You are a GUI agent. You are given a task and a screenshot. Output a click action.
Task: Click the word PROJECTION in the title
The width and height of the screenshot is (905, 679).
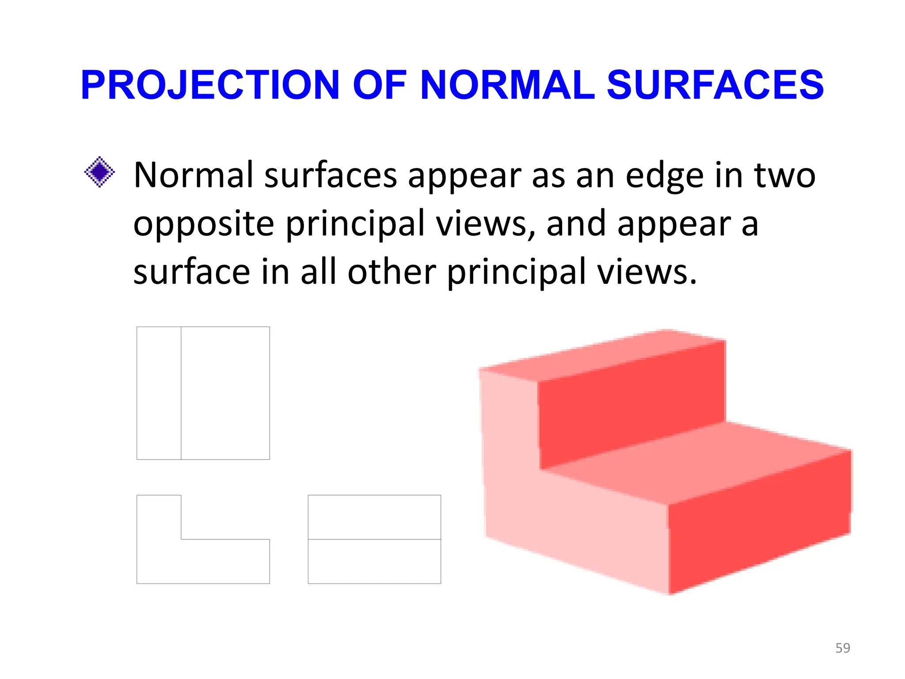point(209,85)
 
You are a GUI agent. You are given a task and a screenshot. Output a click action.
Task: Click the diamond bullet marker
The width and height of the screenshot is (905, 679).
point(99,172)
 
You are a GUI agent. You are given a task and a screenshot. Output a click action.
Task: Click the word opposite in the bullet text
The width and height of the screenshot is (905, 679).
point(203,224)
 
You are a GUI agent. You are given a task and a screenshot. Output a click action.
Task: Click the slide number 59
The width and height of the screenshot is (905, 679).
point(843,648)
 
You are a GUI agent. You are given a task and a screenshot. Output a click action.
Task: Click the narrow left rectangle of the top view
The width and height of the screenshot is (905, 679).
point(159,393)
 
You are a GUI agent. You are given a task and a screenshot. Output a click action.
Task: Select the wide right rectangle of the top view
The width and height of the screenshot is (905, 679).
point(225,393)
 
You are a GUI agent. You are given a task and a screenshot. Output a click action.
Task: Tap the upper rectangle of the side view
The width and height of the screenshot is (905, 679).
point(374,517)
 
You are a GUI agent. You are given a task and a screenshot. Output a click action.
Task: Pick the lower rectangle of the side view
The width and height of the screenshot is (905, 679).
point(374,561)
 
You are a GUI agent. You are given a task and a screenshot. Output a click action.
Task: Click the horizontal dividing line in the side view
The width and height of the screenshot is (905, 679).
point(374,539)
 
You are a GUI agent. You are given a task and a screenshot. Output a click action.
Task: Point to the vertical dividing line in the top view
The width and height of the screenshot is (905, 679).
point(181,393)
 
